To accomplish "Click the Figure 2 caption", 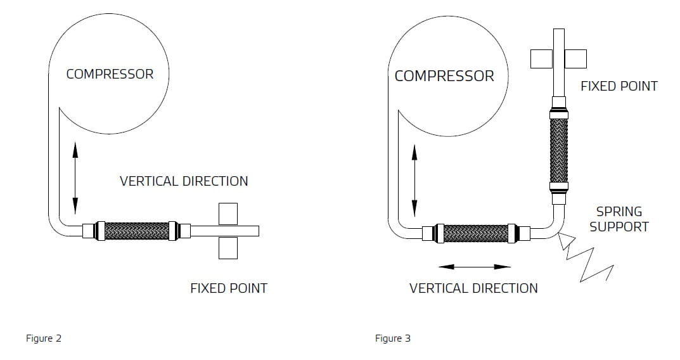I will [43, 338].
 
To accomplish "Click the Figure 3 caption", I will [392, 338].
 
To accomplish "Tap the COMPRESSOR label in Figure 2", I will [110, 74].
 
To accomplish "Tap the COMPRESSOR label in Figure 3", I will [444, 76].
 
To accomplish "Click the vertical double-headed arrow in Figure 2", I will [75, 177].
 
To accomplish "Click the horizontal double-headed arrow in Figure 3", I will [475, 266].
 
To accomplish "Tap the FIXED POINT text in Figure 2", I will [229, 288].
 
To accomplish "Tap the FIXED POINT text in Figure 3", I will [619, 86].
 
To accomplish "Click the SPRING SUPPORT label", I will [619, 219].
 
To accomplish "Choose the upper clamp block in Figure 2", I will [228, 213].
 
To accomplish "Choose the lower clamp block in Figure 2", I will [228, 248].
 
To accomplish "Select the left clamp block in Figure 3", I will [541, 58].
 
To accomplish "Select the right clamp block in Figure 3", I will [576, 58].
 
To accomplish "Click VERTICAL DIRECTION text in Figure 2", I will [184, 181].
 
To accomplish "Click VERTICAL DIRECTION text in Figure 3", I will [473, 288].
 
